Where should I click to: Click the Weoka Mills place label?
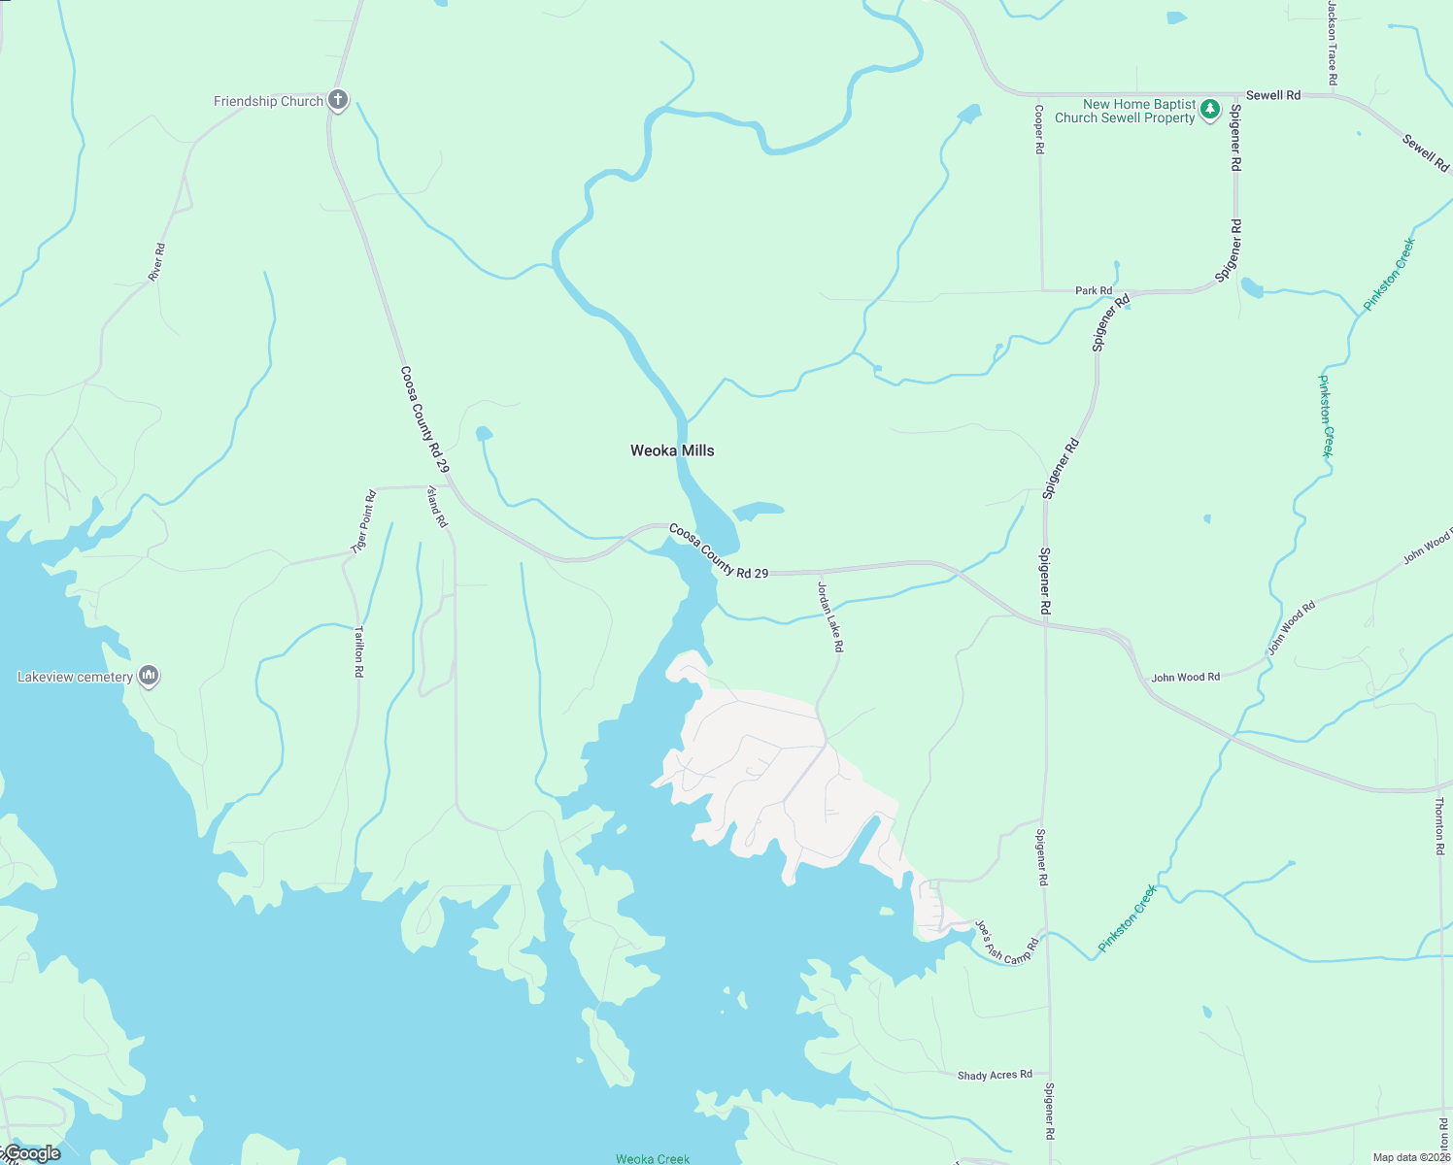click(672, 450)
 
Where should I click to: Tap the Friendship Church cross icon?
click(338, 100)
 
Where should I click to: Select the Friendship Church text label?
click(268, 101)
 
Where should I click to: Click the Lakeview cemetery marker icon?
click(149, 676)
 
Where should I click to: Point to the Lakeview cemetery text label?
click(75, 677)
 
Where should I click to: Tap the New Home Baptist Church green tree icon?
click(1209, 110)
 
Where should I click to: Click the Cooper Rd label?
click(1039, 130)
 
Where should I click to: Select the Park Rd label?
click(1094, 290)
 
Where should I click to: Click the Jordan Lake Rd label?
click(830, 616)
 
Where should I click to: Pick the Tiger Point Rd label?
click(364, 522)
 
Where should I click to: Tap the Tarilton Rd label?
click(358, 650)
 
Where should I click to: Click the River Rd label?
click(156, 262)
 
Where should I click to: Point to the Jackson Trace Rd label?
click(1333, 43)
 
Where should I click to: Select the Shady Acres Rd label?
click(995, 1075)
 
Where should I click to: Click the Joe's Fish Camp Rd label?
click(1007, 943)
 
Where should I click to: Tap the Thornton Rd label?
click(1439, 825)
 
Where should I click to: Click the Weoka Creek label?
click(653, 1158)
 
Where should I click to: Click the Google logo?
click(33, 1153)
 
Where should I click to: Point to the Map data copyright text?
click(1411, 1157)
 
